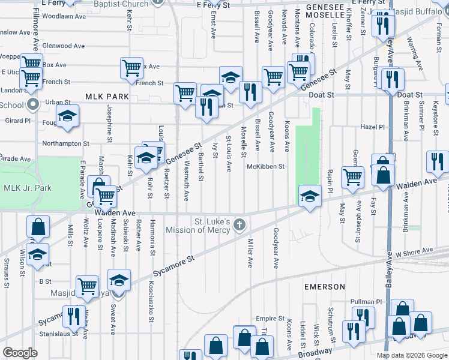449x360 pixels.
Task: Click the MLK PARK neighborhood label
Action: tap(107, 96)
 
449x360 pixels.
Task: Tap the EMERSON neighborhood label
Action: tap(324, 287)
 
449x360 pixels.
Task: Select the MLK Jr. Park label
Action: tap(28, 188)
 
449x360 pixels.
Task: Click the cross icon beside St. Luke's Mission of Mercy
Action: tap(240, 225)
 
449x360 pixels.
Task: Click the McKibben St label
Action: tap(265, 167)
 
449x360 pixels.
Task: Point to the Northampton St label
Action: tap(65, 143)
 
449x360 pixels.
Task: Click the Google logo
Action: tap(20, 352)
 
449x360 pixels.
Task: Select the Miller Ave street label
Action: tap(250, 253)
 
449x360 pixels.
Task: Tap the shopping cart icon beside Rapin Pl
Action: tap(352, 176)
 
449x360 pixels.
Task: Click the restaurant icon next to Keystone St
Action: tap(438, 161)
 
